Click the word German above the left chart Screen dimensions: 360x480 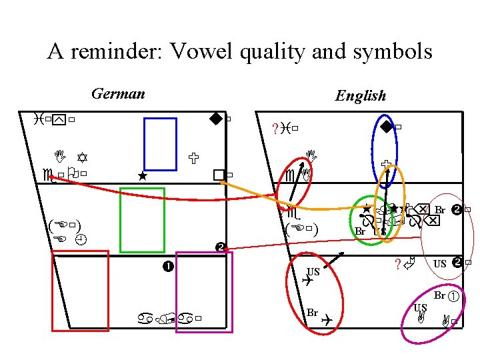click(118, 93)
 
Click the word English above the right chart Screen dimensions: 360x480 click(361, 96)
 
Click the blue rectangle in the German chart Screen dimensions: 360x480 click(161, 144)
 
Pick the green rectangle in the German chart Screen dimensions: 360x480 click(141, 220)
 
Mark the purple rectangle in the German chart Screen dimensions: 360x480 click(204, 291)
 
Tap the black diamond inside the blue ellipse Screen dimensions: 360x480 click(386, 127)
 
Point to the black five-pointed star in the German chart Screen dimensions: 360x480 click(141, 177)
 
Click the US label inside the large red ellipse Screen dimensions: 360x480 click(313, 271)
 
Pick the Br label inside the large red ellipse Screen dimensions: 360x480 click(312, 313)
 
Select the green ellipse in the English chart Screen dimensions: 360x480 click(370, 220)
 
